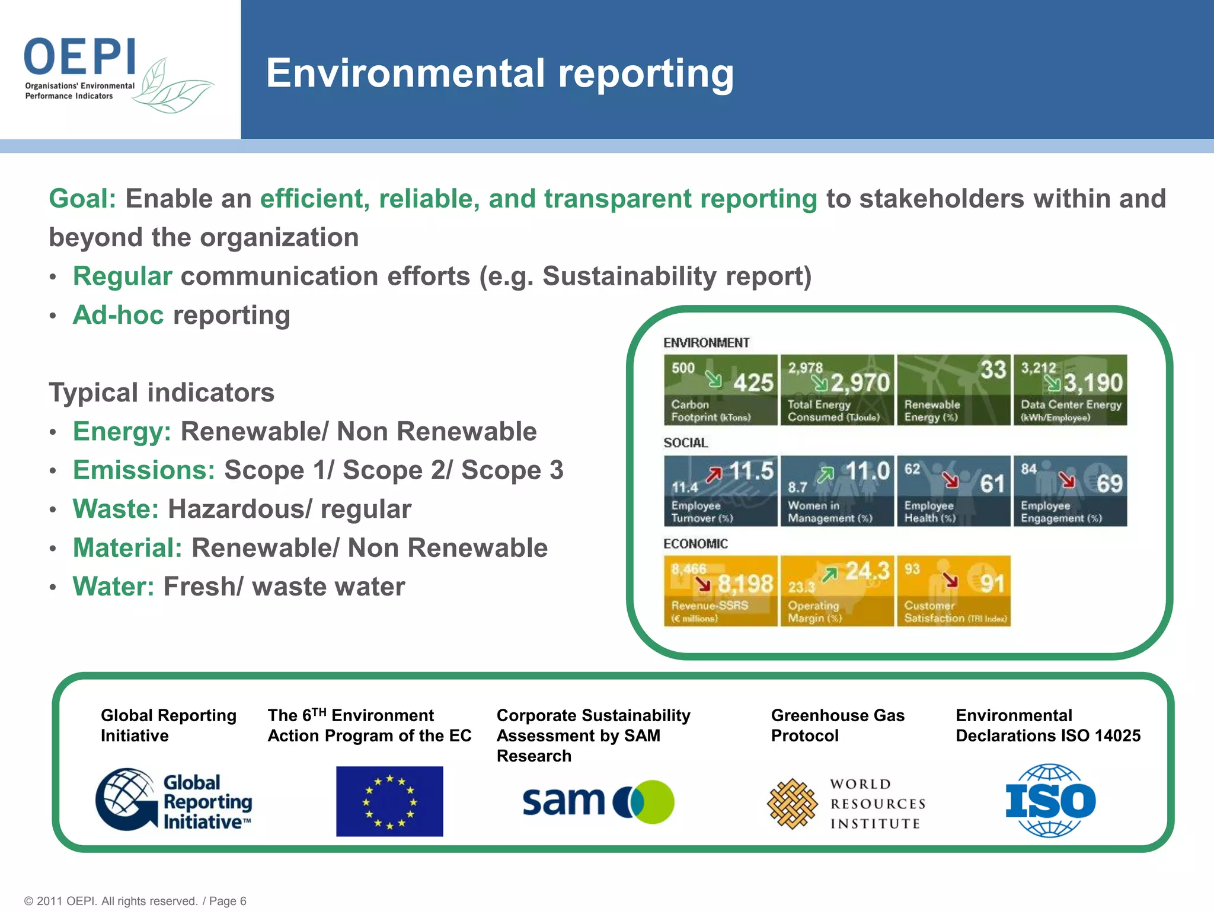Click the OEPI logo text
click(x=80, y=57)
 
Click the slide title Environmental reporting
click(x=500, y=74)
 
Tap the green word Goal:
click(x=82, y=199)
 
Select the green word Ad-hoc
click(x=118, y=315)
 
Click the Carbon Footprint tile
click(x=720, y=390)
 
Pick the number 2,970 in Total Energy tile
click(x=860, y=383)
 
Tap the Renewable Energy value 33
click(x=993, y=370)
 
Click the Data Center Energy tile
click(x=1070, y=390)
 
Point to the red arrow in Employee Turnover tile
click(x=714, y=474)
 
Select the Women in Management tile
click(x=836, y=491)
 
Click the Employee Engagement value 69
click(x=1109, y=484)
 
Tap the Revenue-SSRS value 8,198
click(x=745, y=584)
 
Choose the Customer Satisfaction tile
click(x=953, y=591)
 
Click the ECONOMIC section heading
click(x=695, y=544)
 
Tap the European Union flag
click(x=389, y=801)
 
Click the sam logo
click(x=598, y=801)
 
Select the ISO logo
click(x=1050, y=801)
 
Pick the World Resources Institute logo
click(x=846, y=804)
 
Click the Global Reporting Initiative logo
click(x=173, y=801)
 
